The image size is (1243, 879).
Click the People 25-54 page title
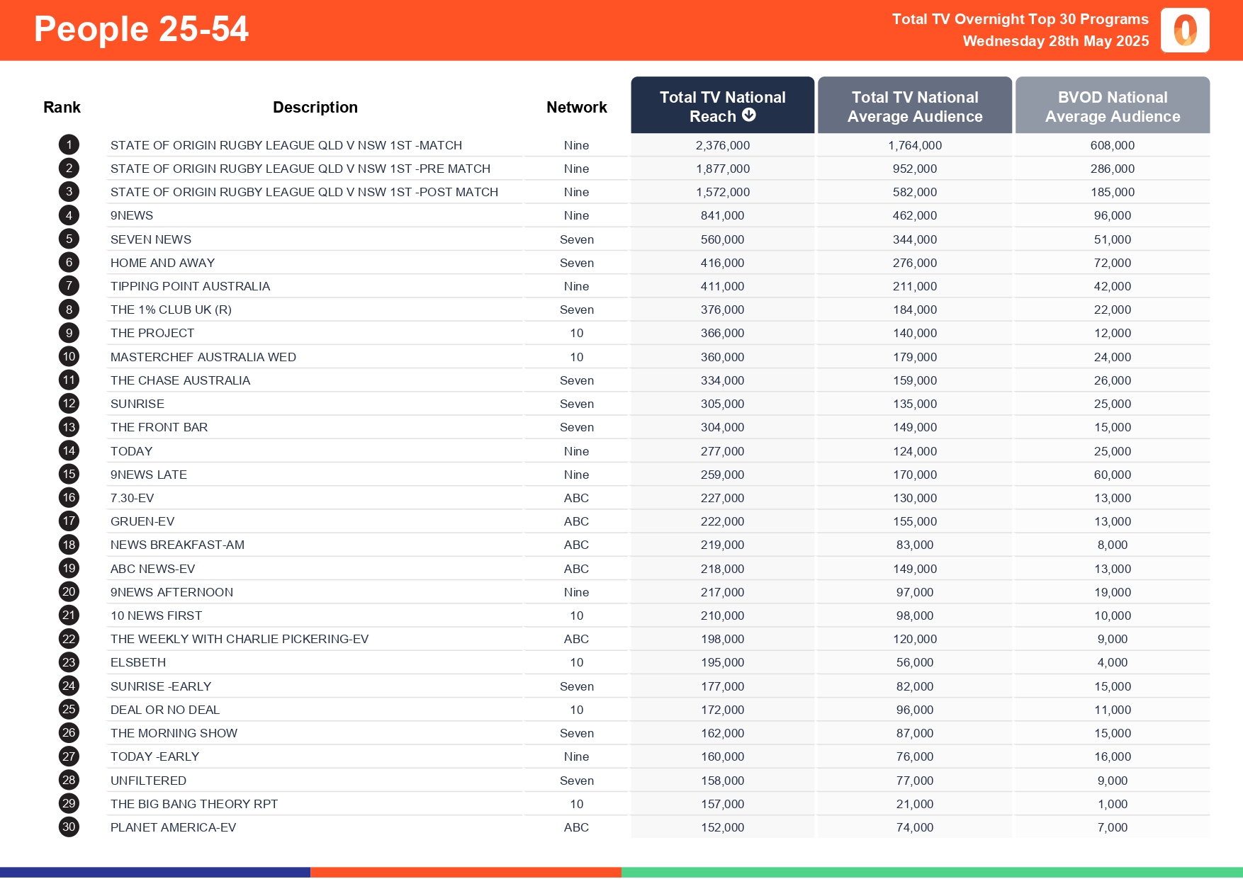coord(141,30)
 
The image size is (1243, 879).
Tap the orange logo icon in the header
coord(1185,30)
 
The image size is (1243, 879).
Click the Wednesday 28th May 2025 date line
coord(1055,41)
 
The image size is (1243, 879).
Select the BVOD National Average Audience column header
coord(1112,106)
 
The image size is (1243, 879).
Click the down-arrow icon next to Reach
coord(749,115)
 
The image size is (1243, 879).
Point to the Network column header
coord(576,108)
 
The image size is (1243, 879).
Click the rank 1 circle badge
coord(69,145)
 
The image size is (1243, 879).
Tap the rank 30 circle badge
coord(69,827)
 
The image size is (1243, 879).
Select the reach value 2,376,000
coord(722,145)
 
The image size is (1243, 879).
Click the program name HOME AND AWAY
coord(162,263)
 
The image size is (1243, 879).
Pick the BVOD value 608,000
coord(1112,145)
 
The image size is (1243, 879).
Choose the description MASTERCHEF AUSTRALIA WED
coord(203,357)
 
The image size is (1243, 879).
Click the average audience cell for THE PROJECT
coord(914,333)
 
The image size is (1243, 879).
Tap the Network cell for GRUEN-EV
coord(576,521)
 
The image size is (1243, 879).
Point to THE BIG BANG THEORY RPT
coord(193,804)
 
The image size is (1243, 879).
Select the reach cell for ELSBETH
coord(722,662)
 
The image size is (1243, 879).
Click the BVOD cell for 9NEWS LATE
coord(1112,475)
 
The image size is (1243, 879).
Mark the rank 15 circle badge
coord(69,475)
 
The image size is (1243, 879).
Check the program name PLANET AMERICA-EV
coord(173,827)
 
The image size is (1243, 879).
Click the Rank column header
coord(62,108)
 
